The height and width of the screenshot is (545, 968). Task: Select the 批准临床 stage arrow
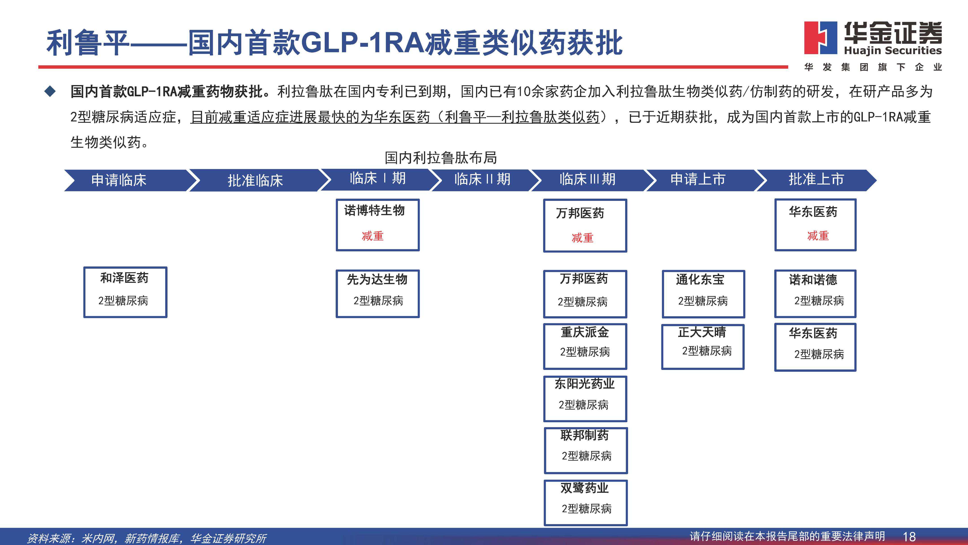pos(255,180)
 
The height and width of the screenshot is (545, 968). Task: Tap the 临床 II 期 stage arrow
pos(482,179)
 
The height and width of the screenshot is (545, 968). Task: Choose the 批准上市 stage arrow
pos(816,179)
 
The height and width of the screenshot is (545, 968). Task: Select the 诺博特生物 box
pos(378,224)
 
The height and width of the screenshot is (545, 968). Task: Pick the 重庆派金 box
pos(585,346)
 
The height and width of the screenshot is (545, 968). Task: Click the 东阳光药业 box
pos(585,398)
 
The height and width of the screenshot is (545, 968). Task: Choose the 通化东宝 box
pos(703,294)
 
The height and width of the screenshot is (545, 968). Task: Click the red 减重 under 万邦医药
pos(583,238)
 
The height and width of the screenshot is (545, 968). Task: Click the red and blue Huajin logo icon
pos(820,38)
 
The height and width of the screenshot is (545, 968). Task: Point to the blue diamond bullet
pos(50,91)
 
